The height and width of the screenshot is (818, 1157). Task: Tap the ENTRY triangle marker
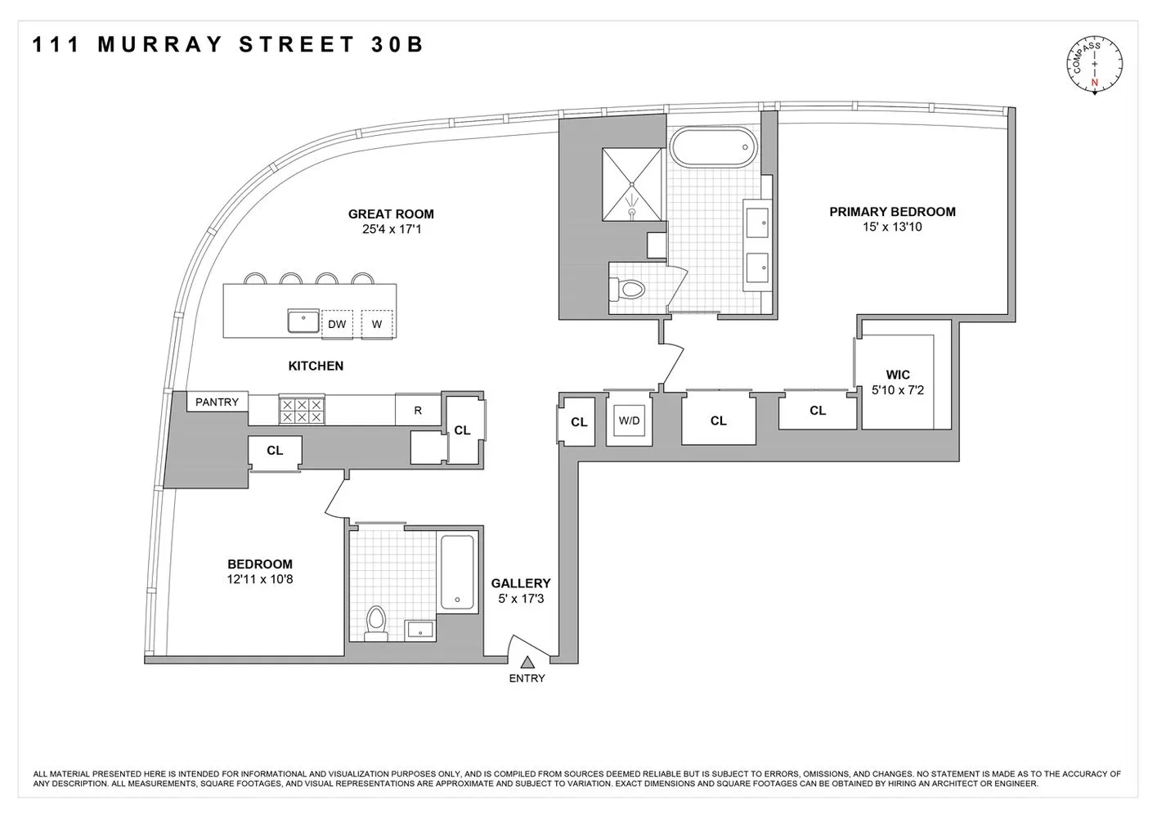(x=527, y=663)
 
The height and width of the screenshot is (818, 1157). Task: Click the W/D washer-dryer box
(x=629, y=421)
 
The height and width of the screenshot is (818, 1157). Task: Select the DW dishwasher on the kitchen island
(x=337, y=324)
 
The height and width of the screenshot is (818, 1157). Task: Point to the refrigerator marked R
(x=418, y=411)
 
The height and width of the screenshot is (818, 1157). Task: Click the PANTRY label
(x=217, y=402)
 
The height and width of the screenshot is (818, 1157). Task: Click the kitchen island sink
(x=303, y=321)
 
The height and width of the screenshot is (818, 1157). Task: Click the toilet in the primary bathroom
(x=627, y=289)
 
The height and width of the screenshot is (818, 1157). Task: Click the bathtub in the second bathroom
(x=457, y=572)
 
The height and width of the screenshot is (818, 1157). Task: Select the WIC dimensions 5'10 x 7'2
(x=897, y=390)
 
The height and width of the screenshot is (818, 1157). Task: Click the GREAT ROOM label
(x=391, y=214)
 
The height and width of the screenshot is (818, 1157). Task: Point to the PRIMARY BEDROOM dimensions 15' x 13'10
(x=892, y=227)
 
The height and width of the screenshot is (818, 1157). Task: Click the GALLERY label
(x=521, y=583)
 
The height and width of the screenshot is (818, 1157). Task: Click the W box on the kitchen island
(x=377, y=324)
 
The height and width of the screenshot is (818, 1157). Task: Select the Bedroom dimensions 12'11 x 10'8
(x=260, y=579)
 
